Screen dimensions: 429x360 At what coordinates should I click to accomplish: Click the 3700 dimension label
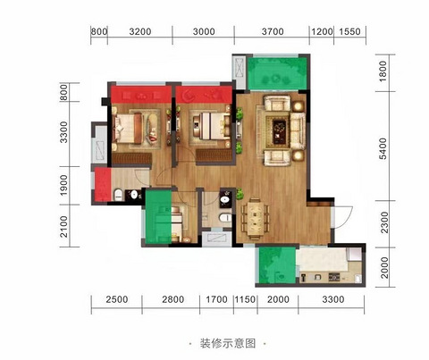coord(273,31)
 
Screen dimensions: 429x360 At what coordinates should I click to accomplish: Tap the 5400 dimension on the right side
coord(383,148)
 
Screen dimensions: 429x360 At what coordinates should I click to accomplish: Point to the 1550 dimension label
coord(349,31)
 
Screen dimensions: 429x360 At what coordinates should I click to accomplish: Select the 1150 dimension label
coord(245,299)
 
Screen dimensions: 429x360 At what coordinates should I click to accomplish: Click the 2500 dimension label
coord(117,299)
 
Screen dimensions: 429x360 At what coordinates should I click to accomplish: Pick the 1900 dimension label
coord(64,185)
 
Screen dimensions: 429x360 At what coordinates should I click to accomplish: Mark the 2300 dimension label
coord(384,222)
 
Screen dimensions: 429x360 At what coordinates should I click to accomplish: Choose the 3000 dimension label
coord(204,31)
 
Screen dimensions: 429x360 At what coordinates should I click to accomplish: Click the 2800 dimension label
coord(172,299)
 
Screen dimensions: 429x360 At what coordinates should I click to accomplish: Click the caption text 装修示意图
coord(228,343)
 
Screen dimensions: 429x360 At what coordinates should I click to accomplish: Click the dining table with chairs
coord(255,218)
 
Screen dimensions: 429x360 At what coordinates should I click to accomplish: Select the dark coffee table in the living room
coord(280,130)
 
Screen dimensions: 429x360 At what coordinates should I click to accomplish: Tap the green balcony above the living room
coord(277,73)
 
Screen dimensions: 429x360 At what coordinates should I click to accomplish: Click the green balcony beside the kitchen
coord(277,265)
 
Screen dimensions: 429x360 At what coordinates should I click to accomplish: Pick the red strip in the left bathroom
coord(103,185)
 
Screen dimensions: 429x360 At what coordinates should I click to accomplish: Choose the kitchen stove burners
coord(334,278)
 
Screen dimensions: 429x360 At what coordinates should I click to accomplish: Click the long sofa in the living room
coord(298,130)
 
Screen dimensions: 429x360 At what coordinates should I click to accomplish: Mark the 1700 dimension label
coord(216,299)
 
